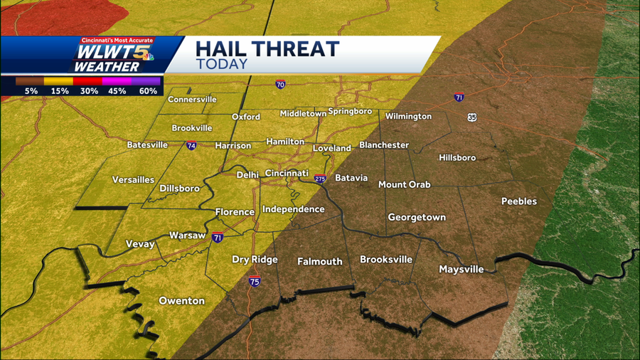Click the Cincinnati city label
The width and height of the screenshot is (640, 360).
click(287, 173)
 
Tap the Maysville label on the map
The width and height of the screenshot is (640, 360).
click(461, 269)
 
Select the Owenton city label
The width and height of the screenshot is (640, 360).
click(181, 301)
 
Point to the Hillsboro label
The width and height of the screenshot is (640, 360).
click(457, 157)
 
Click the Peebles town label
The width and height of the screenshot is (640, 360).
click(519, 201)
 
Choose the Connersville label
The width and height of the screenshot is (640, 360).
click(192, 100)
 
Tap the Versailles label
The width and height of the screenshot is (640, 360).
click(133, 180)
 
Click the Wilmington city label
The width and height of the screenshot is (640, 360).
click(408, 116)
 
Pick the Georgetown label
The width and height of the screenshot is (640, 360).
click(417, 217)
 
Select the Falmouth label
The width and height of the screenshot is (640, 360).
click(320, 261)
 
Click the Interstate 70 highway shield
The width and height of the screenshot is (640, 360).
click(281, 85)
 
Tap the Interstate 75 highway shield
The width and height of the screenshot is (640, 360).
click(254, 282)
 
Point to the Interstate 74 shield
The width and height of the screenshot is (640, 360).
click(191, 146)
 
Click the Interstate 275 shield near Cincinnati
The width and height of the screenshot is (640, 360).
click(320, 179)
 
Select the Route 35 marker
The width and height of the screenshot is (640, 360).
click(472, 117)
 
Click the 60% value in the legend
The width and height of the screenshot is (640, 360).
click(148, 91)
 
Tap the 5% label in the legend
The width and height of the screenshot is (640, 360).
click(31, 91)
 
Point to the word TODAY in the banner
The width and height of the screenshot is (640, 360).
click(221, 64)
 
